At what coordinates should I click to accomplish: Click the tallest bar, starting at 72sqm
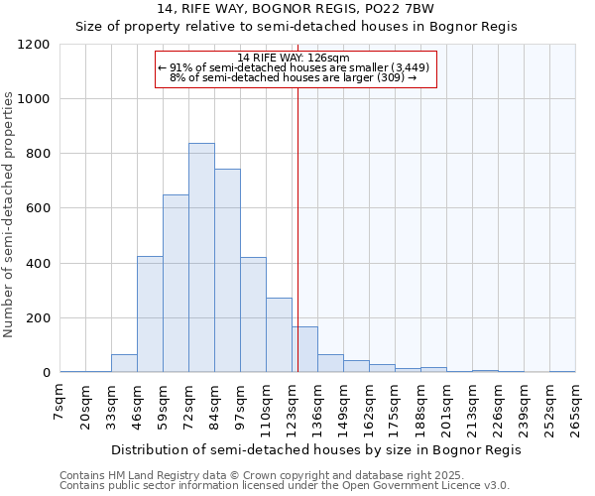click(x=201, y=258)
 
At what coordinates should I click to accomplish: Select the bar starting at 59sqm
click(x=176, y=284)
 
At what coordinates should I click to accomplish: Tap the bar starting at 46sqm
click(x=150, y=314)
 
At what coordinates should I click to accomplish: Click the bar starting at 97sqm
click(x=253, y=314)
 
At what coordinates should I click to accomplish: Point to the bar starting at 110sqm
click(x=279, y=335)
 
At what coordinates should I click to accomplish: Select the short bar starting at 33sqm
click(x=124, y=363)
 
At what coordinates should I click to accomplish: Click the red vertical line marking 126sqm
click(x=297, y=228)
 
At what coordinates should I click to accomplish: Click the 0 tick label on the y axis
click(x=46, y=373)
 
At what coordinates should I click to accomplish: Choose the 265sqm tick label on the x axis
click(x=575, y=408)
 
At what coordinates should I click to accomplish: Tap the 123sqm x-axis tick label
click(x=293, y=408)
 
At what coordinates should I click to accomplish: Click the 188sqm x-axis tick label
click(x=420, y=408)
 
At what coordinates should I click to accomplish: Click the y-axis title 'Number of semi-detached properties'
click(x=10, y=214)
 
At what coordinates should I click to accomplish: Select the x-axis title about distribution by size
click(x=315, y=449)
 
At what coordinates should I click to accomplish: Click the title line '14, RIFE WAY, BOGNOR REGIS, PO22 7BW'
click(x=297, y=9)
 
